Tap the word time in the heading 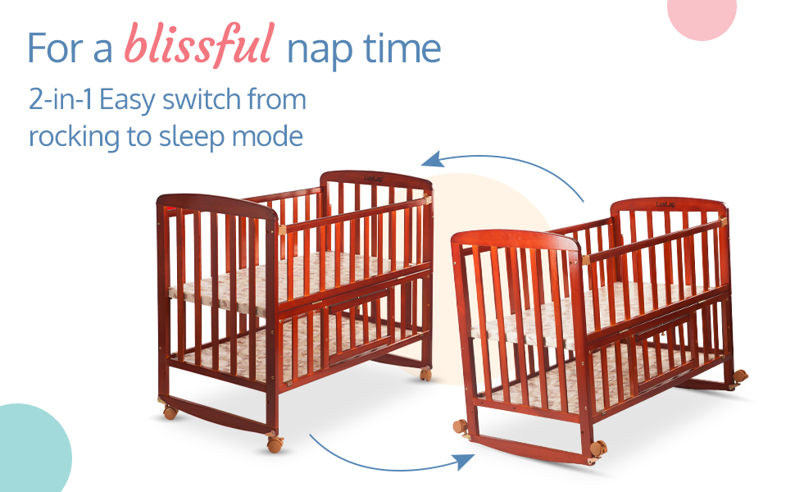[402, 48]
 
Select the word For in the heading [54, 48]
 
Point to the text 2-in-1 [61, 99]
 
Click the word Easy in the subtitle [127, 101]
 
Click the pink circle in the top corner [702, 16]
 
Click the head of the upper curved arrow [432, 160]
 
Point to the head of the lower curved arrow [464, 461]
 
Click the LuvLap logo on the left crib [374, 179]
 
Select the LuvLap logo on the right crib [666, 204]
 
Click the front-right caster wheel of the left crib [275, 444]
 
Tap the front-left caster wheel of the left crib [170, 412]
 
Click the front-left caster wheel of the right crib [461, 426]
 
